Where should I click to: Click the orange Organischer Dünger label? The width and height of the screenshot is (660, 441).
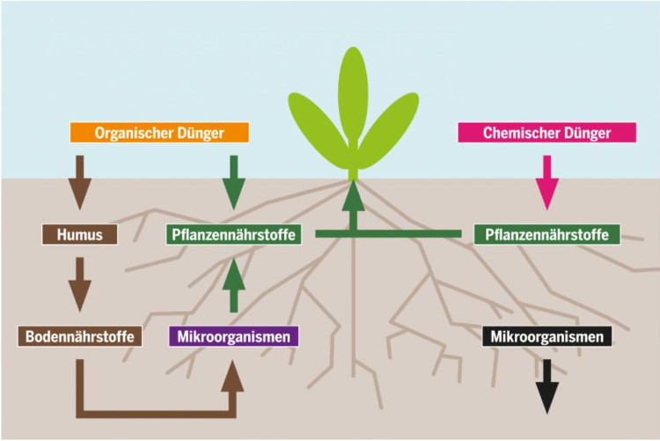click(159, 134)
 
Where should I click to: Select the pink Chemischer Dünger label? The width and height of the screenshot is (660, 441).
click(546, 134)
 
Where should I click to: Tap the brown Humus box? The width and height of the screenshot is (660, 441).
click(79, 235)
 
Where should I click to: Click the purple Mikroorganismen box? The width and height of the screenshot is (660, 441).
click(233, 336)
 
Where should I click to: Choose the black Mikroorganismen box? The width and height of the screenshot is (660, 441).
click(546, 336)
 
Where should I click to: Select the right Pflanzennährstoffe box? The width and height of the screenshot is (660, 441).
click(547, 235)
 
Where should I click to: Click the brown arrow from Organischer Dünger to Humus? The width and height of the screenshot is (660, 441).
click(80, 180)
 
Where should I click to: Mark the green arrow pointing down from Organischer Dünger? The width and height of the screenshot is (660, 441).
click(234, 180)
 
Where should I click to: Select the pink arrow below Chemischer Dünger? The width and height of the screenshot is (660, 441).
click(547, 180)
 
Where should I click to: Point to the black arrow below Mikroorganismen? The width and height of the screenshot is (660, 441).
click(547, 385)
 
